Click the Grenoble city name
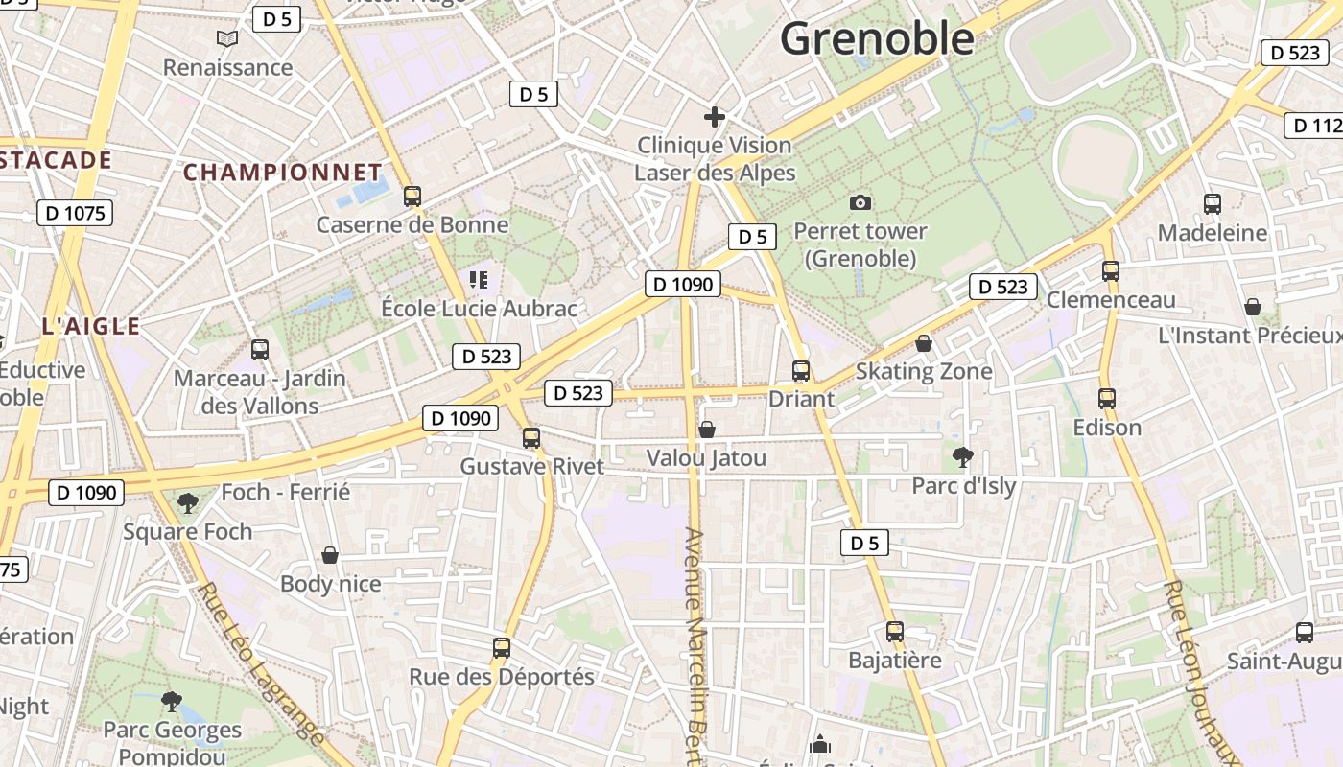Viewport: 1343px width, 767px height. pyautogui.click(x=877, y=38)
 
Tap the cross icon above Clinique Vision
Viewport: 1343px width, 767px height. pyautogui.click(x=714, y=117)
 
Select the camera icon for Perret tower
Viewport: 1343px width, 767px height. pyautogui.click(x=860, y=202)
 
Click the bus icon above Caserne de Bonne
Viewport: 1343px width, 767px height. pyautogui.click(x=412, y=197)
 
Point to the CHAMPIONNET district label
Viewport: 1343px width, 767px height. pyautogui.click(x=283, y=173)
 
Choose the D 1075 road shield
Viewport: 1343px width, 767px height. pyautogui.click(x=75, y=213)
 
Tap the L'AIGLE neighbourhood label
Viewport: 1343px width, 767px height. pyautogui.click(x=91, y=326)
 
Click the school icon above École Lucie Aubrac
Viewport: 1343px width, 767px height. pyautogui.click(x=479, y=280)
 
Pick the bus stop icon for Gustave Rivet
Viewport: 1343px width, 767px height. pyautogui.click(x=531, y=438)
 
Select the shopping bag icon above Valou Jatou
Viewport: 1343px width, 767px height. pyautogui.click(x=707, y=430)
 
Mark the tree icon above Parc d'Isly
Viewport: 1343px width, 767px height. pyautogui.click(x=963, y=456)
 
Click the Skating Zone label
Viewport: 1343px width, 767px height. pyautogui.click(x=924, y=371)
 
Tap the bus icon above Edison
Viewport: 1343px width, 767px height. pyautogui.click(x=1107, y=399)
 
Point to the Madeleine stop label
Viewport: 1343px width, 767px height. pyautogui.click(x=1213, y=233)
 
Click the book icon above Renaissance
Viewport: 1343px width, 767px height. pyautogui.click(x=227, y=39)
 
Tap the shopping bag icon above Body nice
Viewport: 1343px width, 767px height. pyautogui.click(x=330, y=555)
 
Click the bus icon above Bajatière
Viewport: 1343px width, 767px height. pyautogui.click(x=895, y=632)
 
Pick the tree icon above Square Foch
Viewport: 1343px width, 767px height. pyautogui.click(x=188, y=502)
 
